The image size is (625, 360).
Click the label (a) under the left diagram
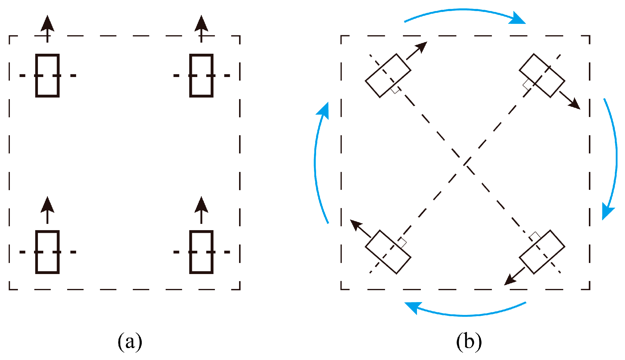point(130,341)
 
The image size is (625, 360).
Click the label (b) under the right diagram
point(469,341)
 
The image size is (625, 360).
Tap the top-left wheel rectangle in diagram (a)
point(47,76)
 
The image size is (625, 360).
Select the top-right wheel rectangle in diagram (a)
point(201,76)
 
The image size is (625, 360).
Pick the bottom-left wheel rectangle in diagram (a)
point(47,252)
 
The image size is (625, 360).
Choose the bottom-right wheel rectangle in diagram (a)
point(201,252)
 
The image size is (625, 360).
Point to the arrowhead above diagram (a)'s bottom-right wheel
point(201,205)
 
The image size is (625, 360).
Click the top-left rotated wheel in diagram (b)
point(388,76)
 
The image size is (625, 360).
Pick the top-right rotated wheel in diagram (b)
point(542,76)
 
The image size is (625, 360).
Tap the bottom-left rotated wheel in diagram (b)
point(388,252)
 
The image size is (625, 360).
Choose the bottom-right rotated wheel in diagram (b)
point(542,252)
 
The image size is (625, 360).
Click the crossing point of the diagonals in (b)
point(465,163)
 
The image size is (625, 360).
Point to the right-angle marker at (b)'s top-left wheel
point(396,89)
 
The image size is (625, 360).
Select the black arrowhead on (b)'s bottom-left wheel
point(355,224)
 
